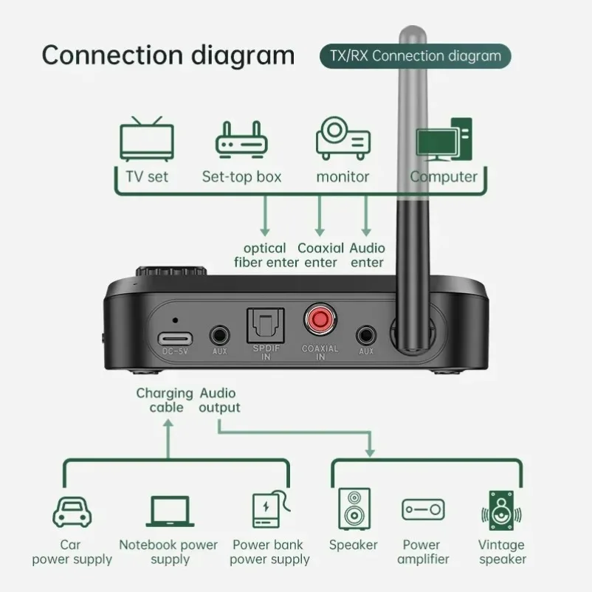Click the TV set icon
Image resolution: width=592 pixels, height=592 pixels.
coord(148,139)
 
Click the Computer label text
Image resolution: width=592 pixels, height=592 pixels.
coord(444,177)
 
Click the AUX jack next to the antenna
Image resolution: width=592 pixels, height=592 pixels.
coord(365,334)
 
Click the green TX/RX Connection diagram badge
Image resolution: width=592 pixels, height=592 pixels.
coord(414,56)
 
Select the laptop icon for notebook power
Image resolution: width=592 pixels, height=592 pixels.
coord(168,511)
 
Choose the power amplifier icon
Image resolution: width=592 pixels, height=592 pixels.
coord(423,510)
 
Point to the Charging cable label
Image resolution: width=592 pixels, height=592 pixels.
coord(164,400)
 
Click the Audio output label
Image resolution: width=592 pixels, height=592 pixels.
coord(220,400)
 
